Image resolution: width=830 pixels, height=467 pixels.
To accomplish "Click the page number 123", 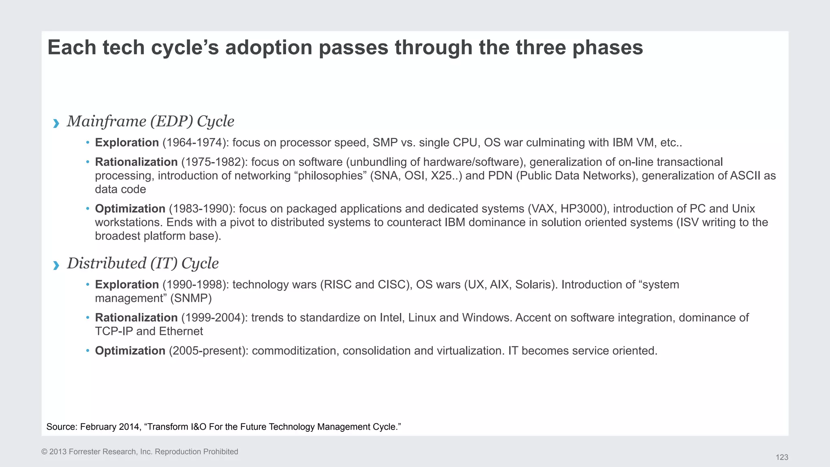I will [782, 457].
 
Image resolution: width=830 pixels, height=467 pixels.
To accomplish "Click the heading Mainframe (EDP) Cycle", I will [150, 121].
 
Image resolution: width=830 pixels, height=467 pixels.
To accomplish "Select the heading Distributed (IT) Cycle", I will [143, 263].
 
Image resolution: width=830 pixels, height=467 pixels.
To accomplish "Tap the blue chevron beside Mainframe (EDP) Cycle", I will [56, 123].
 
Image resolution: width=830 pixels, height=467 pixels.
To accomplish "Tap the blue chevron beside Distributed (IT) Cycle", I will [56, 265].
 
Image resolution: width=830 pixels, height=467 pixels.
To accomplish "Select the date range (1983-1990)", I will [202, 209].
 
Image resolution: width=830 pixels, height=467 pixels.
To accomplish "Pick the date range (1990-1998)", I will [195, 285].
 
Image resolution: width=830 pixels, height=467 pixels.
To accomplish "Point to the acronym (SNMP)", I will [190, 298].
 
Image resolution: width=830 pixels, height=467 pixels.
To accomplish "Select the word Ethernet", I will [181, 331].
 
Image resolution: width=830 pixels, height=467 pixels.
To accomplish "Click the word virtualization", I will [469, 351].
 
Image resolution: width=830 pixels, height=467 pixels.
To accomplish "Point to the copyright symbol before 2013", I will [44, 452].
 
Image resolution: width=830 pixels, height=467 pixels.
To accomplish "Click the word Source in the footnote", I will [61, 427].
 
